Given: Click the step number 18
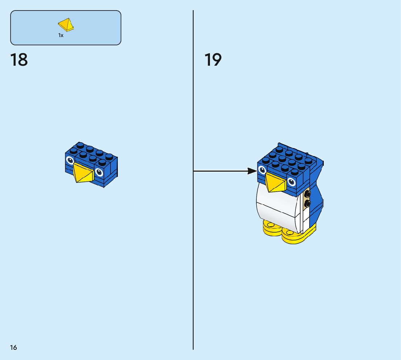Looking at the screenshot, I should [x=19, y=60].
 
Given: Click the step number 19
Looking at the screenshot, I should [x=213, y=60].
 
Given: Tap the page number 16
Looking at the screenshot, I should [x=13, y=347].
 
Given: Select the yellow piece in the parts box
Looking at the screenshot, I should [x=66, y=25].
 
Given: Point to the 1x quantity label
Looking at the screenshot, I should [x=61, y=35].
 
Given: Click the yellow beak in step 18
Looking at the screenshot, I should [x=83, y=173].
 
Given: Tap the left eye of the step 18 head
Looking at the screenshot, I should [x=70, y=160].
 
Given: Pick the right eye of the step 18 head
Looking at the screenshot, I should [x=99, y=173].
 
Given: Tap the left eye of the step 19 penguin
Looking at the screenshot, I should [x=262, y=170].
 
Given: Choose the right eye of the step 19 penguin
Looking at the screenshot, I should [x=292, y=182].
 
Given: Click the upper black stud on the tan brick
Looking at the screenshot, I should [x=307, y=195].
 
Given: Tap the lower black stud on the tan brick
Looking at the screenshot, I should [x=307, y=204].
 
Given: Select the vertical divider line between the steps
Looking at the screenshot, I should [x=193, y=254].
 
